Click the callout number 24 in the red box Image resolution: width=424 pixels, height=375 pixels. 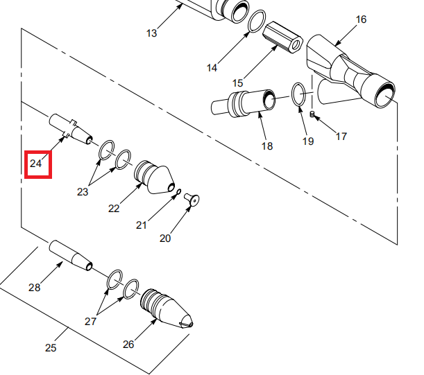(36, 164)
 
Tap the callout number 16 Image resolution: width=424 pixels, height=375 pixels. (361, 19)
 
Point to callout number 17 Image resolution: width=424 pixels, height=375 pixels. (341, 137)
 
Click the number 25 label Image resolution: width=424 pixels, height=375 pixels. (50, 348)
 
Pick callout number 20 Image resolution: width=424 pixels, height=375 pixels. (165, 238)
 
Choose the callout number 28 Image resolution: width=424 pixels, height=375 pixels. (35, 287)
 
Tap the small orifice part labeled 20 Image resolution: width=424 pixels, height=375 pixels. (192, 200)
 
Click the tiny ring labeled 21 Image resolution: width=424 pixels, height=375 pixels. (178, 192)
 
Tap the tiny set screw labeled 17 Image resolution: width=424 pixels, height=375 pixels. (313, 114)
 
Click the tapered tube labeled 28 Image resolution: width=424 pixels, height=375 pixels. (70, 255)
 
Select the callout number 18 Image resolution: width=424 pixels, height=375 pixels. (267, 146)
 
